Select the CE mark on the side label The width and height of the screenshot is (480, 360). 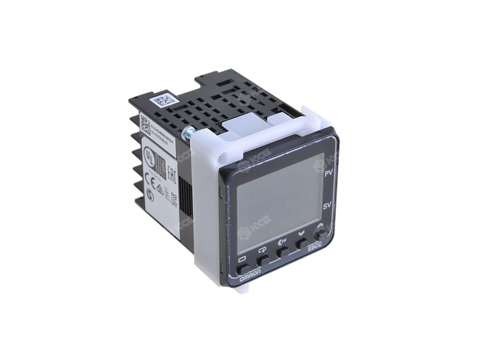pyautogui.click(x=149, y=178)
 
